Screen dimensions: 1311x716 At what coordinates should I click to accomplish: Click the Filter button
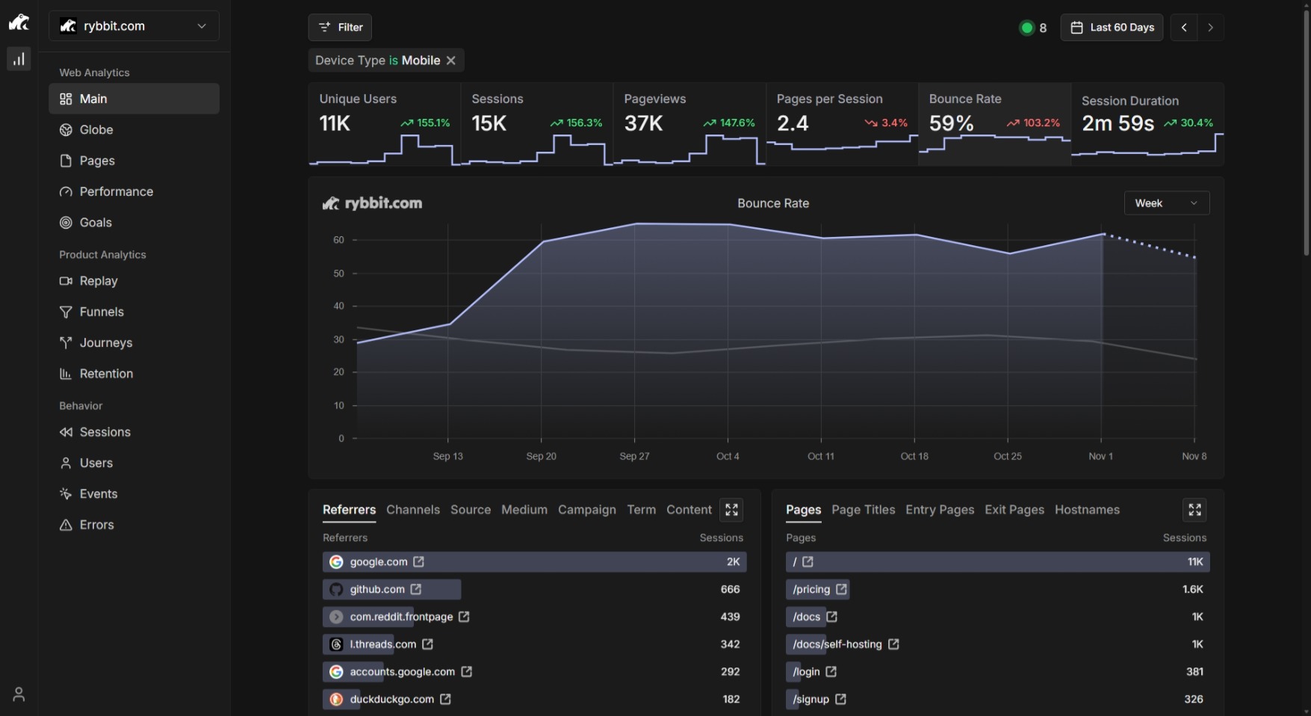click(x=340, y=28)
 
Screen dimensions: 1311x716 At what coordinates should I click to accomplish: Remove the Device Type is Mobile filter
click(x=451, y=61)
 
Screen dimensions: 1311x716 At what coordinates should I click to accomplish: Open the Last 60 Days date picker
click(x=1112, y=28)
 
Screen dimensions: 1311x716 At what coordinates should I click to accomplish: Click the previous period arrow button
click(x=1184, y=28)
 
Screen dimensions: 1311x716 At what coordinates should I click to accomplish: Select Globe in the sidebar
click(x=96, y=130)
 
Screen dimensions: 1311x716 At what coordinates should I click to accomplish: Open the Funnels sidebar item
click(x=102, y=312)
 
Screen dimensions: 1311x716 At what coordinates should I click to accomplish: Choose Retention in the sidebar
click(x=106, y=374)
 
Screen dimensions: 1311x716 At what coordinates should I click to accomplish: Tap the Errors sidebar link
click(x=96, y=525)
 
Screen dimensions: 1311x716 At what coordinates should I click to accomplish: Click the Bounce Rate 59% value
click(x=951, y=123)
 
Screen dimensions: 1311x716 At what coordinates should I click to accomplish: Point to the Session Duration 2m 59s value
click(x=1118, y=123)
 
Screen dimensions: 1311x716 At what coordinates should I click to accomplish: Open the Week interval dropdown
click(x=1167, y=203)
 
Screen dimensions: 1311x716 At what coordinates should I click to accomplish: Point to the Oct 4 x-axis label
click(x=728, y=456)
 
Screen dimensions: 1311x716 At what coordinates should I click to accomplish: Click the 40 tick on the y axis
click(x=339, y=306)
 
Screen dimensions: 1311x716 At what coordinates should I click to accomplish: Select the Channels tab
click(x=413, y=510)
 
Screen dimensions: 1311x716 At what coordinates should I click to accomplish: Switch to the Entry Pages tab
click(x=940, y=510)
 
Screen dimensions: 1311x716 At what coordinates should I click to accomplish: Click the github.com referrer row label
click(x=377, y=589)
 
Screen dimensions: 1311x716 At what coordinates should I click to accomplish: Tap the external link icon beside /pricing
click(x=841, y=589)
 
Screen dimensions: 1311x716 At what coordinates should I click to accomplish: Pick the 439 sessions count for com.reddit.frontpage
click(x=730, y=617)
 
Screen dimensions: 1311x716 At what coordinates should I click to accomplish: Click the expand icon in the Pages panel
click(x=1194, y=510)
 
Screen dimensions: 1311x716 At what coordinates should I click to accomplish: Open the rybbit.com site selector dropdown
click(x=134, y=26)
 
